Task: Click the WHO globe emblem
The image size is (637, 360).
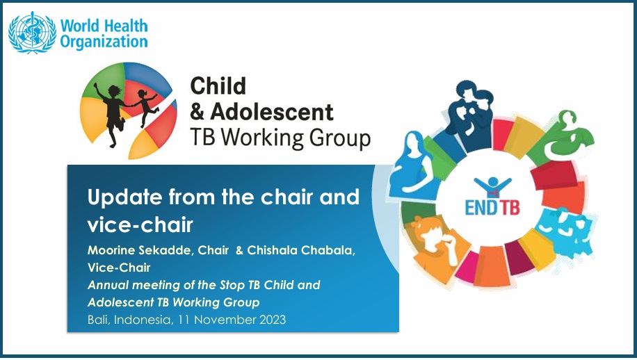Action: [33, 33]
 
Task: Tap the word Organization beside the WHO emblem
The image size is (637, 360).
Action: [104, 42]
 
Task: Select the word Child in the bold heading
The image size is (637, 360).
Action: [218, 85]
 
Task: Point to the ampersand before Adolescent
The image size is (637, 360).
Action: [197, 112]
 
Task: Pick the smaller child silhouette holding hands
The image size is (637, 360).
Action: [145, 107]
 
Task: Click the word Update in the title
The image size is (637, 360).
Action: [124, 197]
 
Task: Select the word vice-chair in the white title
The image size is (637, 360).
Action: [140, 225]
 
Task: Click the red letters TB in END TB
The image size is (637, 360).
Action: [510, 207]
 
